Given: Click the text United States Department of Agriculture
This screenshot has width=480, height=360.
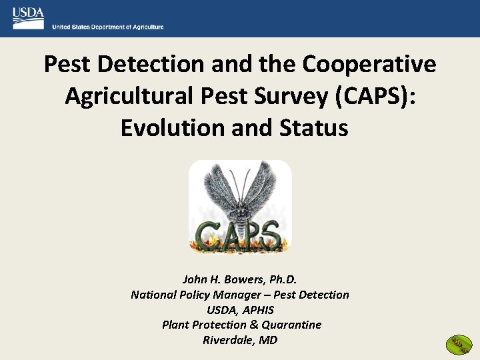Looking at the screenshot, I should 108,27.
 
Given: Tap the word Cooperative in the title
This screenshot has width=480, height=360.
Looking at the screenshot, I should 369,65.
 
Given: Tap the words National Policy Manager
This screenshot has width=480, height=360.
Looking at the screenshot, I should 193,295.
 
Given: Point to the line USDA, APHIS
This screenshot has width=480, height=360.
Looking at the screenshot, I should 240,310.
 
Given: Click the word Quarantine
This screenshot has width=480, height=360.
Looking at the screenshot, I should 291,325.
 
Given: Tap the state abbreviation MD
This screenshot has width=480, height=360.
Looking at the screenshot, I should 269,340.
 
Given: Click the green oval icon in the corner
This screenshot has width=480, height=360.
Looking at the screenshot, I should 459,344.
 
